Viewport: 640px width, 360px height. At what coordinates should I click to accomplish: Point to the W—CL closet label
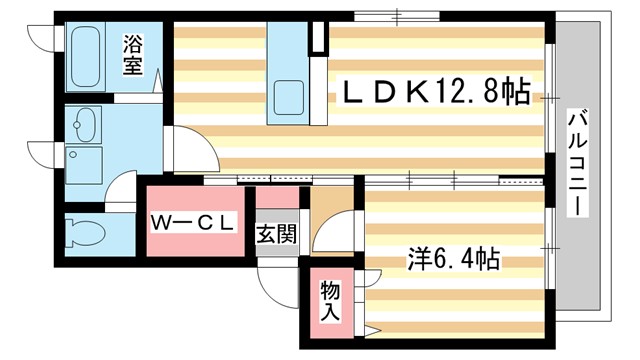tap(193, 223)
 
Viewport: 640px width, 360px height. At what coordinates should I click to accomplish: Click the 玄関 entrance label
tap(276, 236)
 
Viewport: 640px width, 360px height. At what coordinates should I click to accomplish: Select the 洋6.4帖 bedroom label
tap(453, 260)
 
